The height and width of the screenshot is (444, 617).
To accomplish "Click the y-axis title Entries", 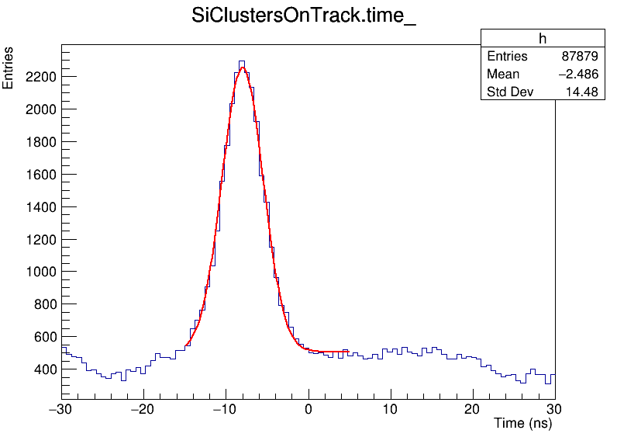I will click(x=9, y=68).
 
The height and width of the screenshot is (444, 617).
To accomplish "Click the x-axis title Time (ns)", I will click(x=522, y=424).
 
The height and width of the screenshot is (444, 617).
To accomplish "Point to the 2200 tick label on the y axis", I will click(x=40, y=77).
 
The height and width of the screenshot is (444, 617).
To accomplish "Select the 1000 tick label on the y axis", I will click(x=40, y=272).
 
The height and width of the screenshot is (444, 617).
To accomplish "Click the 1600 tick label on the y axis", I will click(x=40, y=175).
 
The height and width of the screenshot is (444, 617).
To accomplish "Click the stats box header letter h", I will click(x=543, y=39).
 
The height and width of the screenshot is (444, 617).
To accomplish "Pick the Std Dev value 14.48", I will click(x=582, y=92).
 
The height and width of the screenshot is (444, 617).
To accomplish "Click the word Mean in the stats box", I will click(x=503, y=75).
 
